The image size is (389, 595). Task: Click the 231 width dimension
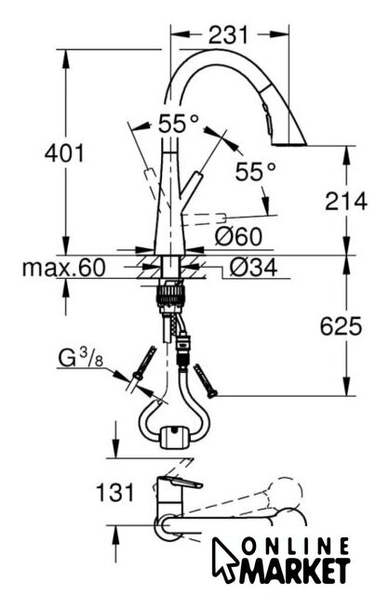(x=228, y=35)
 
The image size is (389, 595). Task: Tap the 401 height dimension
(x=64, y=153)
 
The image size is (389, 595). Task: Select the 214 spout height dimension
(x=346, y=201)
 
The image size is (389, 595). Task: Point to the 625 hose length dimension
(x=341, y=326)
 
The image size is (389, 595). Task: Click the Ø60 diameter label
(x=238, y=236)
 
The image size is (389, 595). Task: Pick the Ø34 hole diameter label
(x=253, y=268)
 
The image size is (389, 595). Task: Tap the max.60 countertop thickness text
(x=64, y=268)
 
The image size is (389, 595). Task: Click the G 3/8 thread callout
(x=81, y=358)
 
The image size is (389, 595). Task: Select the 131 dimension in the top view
(x=115, y=492)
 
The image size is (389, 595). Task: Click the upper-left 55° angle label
(x=178, y=123)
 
